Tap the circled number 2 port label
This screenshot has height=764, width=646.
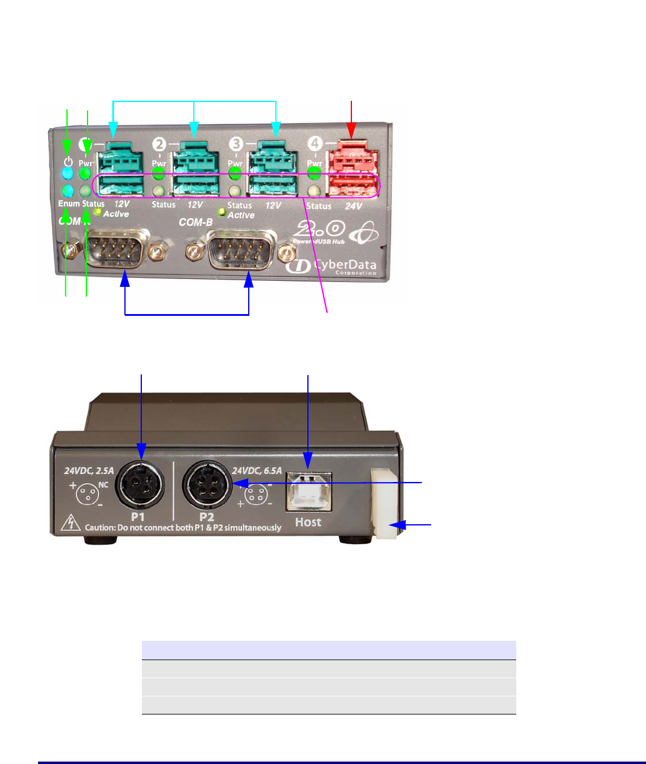tap(159, 144)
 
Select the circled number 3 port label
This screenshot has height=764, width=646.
tap(236, 144)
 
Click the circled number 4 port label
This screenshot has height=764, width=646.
tap(315, 144)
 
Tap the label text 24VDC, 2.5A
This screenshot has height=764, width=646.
tap(89, 470)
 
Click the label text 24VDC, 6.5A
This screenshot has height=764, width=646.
tap(257, 470)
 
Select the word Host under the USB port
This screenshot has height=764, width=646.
tap(308, 522)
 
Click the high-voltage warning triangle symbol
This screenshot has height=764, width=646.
tap(72, 524)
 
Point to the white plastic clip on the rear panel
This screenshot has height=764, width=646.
tap(385, 502)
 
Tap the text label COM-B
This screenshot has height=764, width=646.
tap(196, 222)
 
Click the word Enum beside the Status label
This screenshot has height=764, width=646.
tap(69, 204)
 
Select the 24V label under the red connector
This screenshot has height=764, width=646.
tap(353, 206)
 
